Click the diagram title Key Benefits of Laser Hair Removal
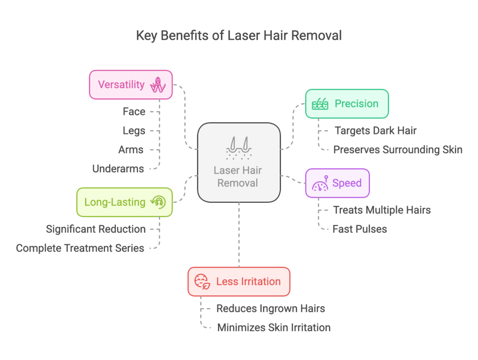click(239, 35)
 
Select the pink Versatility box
click(131, 84)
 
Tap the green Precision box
click(346, 104)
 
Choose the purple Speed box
click(337, 183)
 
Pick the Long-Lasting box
click(124, 202)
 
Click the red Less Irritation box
click(239, 282)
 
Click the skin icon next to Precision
click(320, 104)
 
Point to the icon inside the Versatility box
click(158, 85)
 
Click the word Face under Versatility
click(134, 112)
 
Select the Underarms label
click(118, 169)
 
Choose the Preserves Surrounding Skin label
click(398, 150)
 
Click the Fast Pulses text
click(359, 229)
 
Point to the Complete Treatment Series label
click(80, 248)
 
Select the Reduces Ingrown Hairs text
click(270, 308)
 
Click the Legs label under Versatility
click(134, 131)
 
